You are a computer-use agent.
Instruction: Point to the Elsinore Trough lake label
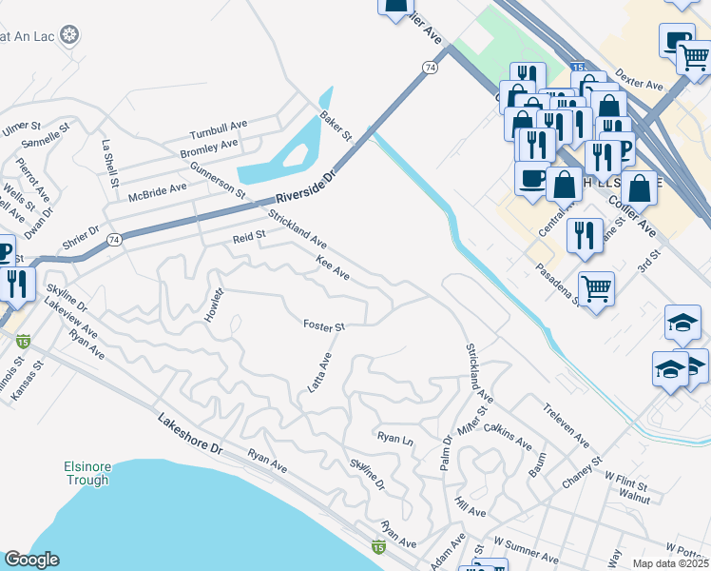pos(95,474)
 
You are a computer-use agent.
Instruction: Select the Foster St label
pos(323,326)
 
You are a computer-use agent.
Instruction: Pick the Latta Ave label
pos(319,372)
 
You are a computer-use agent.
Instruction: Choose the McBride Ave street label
pos(159,190)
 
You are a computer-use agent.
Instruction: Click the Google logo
pos(31,560)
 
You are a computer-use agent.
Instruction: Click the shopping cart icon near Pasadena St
pos(596,286)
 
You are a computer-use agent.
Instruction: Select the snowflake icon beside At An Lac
pos(69,36)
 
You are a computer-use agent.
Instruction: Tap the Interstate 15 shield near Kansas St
pos(24,340)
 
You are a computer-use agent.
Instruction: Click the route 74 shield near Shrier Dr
pos(114,238)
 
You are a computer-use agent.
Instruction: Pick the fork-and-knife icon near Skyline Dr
pos(16,284)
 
